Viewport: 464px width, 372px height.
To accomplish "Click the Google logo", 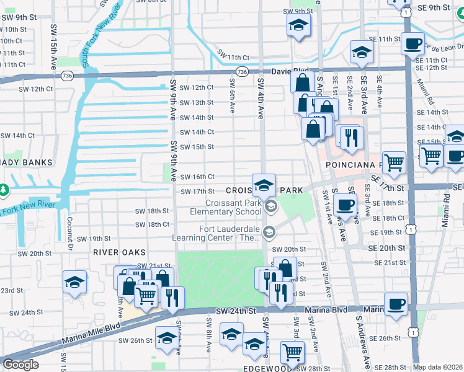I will (20, 365).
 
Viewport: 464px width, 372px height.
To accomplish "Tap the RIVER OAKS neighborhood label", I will (119, 252).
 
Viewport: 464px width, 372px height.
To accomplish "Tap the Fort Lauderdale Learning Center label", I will (230, 233).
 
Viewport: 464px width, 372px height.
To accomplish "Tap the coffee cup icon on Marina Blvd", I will (396, 304).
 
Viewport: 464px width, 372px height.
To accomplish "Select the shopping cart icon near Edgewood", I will (292, 352).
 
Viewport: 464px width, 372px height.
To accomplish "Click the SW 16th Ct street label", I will (197, 177).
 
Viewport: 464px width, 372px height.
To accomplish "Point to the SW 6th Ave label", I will (232, 91).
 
